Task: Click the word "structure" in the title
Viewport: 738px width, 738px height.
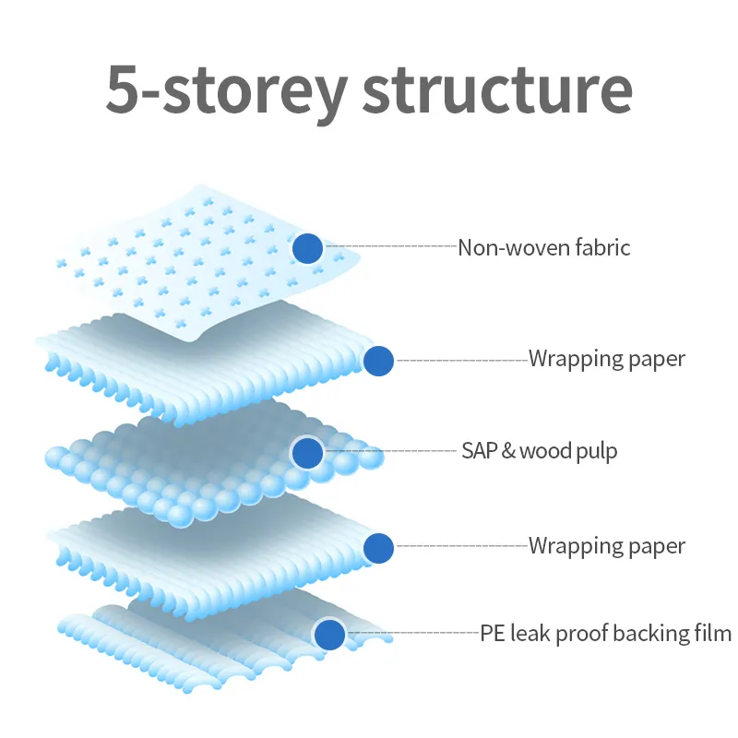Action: coord(497,89)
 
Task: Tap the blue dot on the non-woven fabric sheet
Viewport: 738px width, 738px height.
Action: coord(307,248)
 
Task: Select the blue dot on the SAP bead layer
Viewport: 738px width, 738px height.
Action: coord(307,453)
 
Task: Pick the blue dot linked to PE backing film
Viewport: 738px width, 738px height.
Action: coord(329,635)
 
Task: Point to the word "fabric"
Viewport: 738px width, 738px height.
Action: coord(601,247)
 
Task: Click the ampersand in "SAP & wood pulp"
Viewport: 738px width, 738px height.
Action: coord(506,451)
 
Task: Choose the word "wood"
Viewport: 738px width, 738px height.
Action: coord(542,451)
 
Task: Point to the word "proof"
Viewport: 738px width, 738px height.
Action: coord(577,635)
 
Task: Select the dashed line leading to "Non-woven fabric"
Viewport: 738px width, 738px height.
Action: coord(391,246)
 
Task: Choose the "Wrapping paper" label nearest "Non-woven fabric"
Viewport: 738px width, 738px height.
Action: coord(607,359)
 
